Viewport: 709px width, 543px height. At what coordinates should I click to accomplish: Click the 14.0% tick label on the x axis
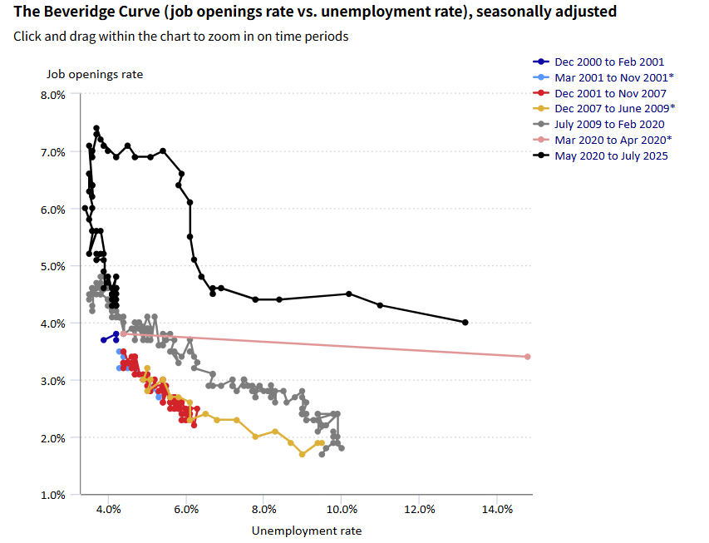point(496,509)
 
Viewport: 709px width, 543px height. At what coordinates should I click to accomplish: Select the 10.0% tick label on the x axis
point(342,509)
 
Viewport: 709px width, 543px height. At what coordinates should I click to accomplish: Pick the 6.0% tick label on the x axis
point(186,509)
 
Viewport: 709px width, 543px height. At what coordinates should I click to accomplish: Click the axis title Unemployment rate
point(306,530)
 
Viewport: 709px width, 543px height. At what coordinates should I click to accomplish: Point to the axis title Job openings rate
point(94,74)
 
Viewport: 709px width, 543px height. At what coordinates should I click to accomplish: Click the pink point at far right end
point(527,357)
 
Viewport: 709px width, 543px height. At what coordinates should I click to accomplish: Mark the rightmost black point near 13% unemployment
point(465,323)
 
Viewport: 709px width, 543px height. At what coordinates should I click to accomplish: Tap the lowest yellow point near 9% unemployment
point(303,454)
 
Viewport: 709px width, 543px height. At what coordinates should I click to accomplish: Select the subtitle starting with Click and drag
point(181,37)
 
